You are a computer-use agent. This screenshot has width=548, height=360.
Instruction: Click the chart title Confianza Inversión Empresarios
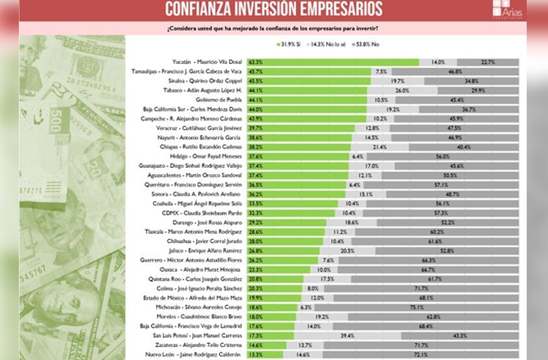[x=273, y=9]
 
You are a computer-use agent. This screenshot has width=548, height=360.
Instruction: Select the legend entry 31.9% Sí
[x=296, y=43]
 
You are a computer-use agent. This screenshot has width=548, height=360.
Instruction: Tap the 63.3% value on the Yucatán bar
[x=256, y=61]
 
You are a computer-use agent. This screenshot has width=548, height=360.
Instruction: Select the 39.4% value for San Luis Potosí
[x=347, y=335]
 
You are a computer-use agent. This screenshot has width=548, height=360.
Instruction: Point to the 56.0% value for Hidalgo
[x=442, y=155]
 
